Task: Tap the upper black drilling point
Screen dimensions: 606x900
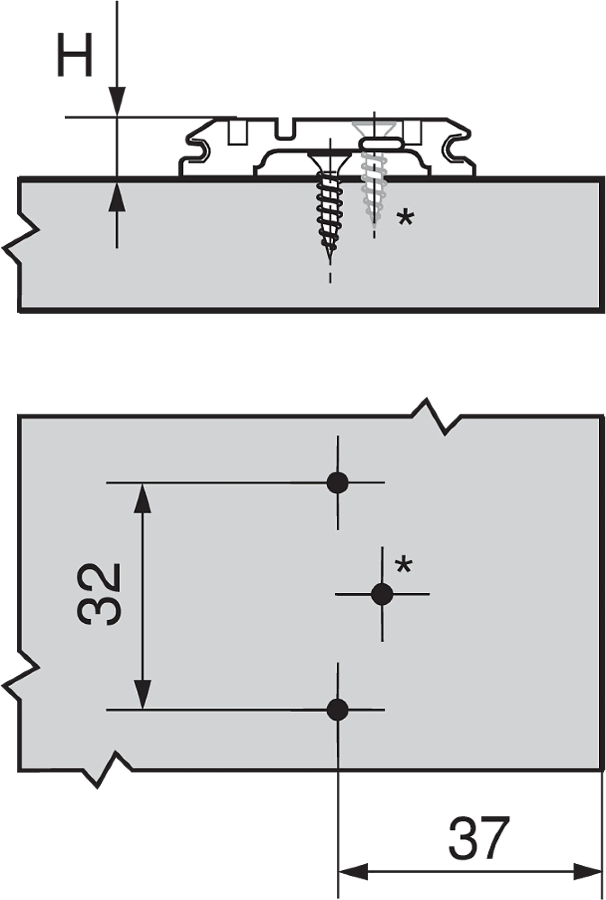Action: [x=337, y=482]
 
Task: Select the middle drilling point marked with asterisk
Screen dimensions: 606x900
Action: [x=382, y=594]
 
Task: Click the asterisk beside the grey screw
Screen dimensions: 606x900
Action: [x=405, y=218]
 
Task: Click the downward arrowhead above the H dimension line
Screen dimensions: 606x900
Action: [x=117, y=101]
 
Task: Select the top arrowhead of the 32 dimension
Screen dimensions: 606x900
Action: [x=142, y=498]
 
